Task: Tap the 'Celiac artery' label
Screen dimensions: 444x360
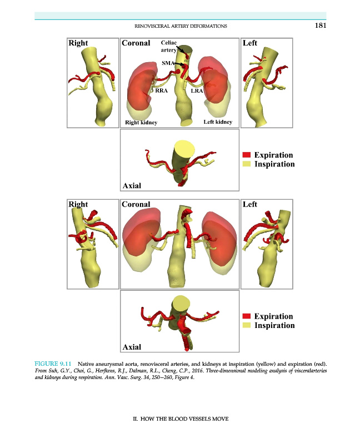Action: [x=169, y=46]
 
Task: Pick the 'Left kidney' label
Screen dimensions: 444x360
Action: [x=218, y=122]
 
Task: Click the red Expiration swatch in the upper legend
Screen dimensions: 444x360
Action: [x=247, y=155]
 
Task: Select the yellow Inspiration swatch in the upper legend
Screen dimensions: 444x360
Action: [x=247, y=164]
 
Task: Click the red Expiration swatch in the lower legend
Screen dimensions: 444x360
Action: [x=247, y=316]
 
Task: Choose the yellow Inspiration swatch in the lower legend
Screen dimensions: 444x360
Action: [x=247, y=325]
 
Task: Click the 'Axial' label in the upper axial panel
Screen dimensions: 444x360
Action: [x=132, y=185]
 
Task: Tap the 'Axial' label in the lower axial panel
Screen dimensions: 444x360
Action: [x=132, y=347]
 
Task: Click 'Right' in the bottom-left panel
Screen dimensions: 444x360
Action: [x=78, y=204]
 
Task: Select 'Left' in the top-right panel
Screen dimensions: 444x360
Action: [x=250, y=42]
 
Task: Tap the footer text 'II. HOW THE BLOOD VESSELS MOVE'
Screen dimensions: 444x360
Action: [x=180, y=418]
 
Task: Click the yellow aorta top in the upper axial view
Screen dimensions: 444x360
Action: [x=183, y=150]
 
